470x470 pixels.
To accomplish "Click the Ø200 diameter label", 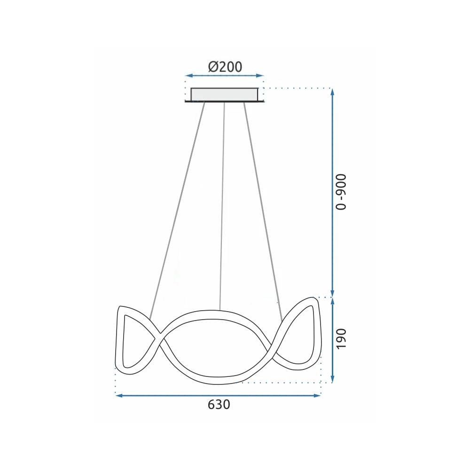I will tap(225, 67).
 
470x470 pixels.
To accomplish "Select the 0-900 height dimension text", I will tap(342, 192).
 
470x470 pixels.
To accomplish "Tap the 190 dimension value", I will tap(342, 338).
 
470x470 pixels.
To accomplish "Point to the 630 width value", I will tap(219, 405).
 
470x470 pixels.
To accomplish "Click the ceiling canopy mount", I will tap(225, 94).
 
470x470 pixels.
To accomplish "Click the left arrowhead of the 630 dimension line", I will tap(119, 396).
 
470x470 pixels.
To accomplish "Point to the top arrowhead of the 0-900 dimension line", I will tap(333, 92).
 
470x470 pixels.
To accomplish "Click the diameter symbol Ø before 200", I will tap(212, 67).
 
